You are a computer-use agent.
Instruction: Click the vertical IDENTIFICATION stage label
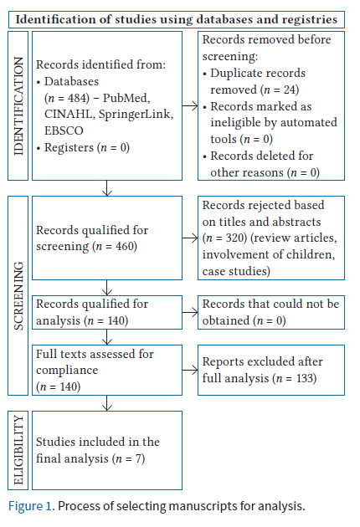18,106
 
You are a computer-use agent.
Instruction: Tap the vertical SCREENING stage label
18,296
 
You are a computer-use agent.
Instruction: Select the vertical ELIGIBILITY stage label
18,450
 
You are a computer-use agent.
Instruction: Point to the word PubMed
126,98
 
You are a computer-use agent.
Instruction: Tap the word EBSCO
64,130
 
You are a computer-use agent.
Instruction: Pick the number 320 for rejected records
234,238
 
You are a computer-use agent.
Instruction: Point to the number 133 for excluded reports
305,378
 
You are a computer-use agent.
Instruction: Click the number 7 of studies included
138,458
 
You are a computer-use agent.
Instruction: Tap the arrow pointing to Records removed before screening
190,106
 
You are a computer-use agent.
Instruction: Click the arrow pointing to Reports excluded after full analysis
190,370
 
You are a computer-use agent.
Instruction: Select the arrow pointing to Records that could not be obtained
190,312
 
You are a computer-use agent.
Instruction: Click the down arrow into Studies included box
107,403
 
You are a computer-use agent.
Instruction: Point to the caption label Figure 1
31,506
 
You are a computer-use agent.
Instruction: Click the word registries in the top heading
310,19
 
